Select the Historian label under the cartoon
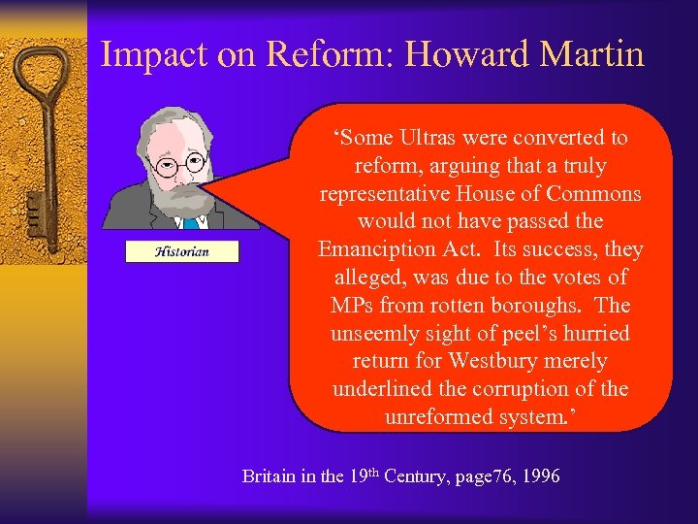pos(182,251)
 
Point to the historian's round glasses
pos(182,164)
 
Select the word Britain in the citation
pos(270,476)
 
